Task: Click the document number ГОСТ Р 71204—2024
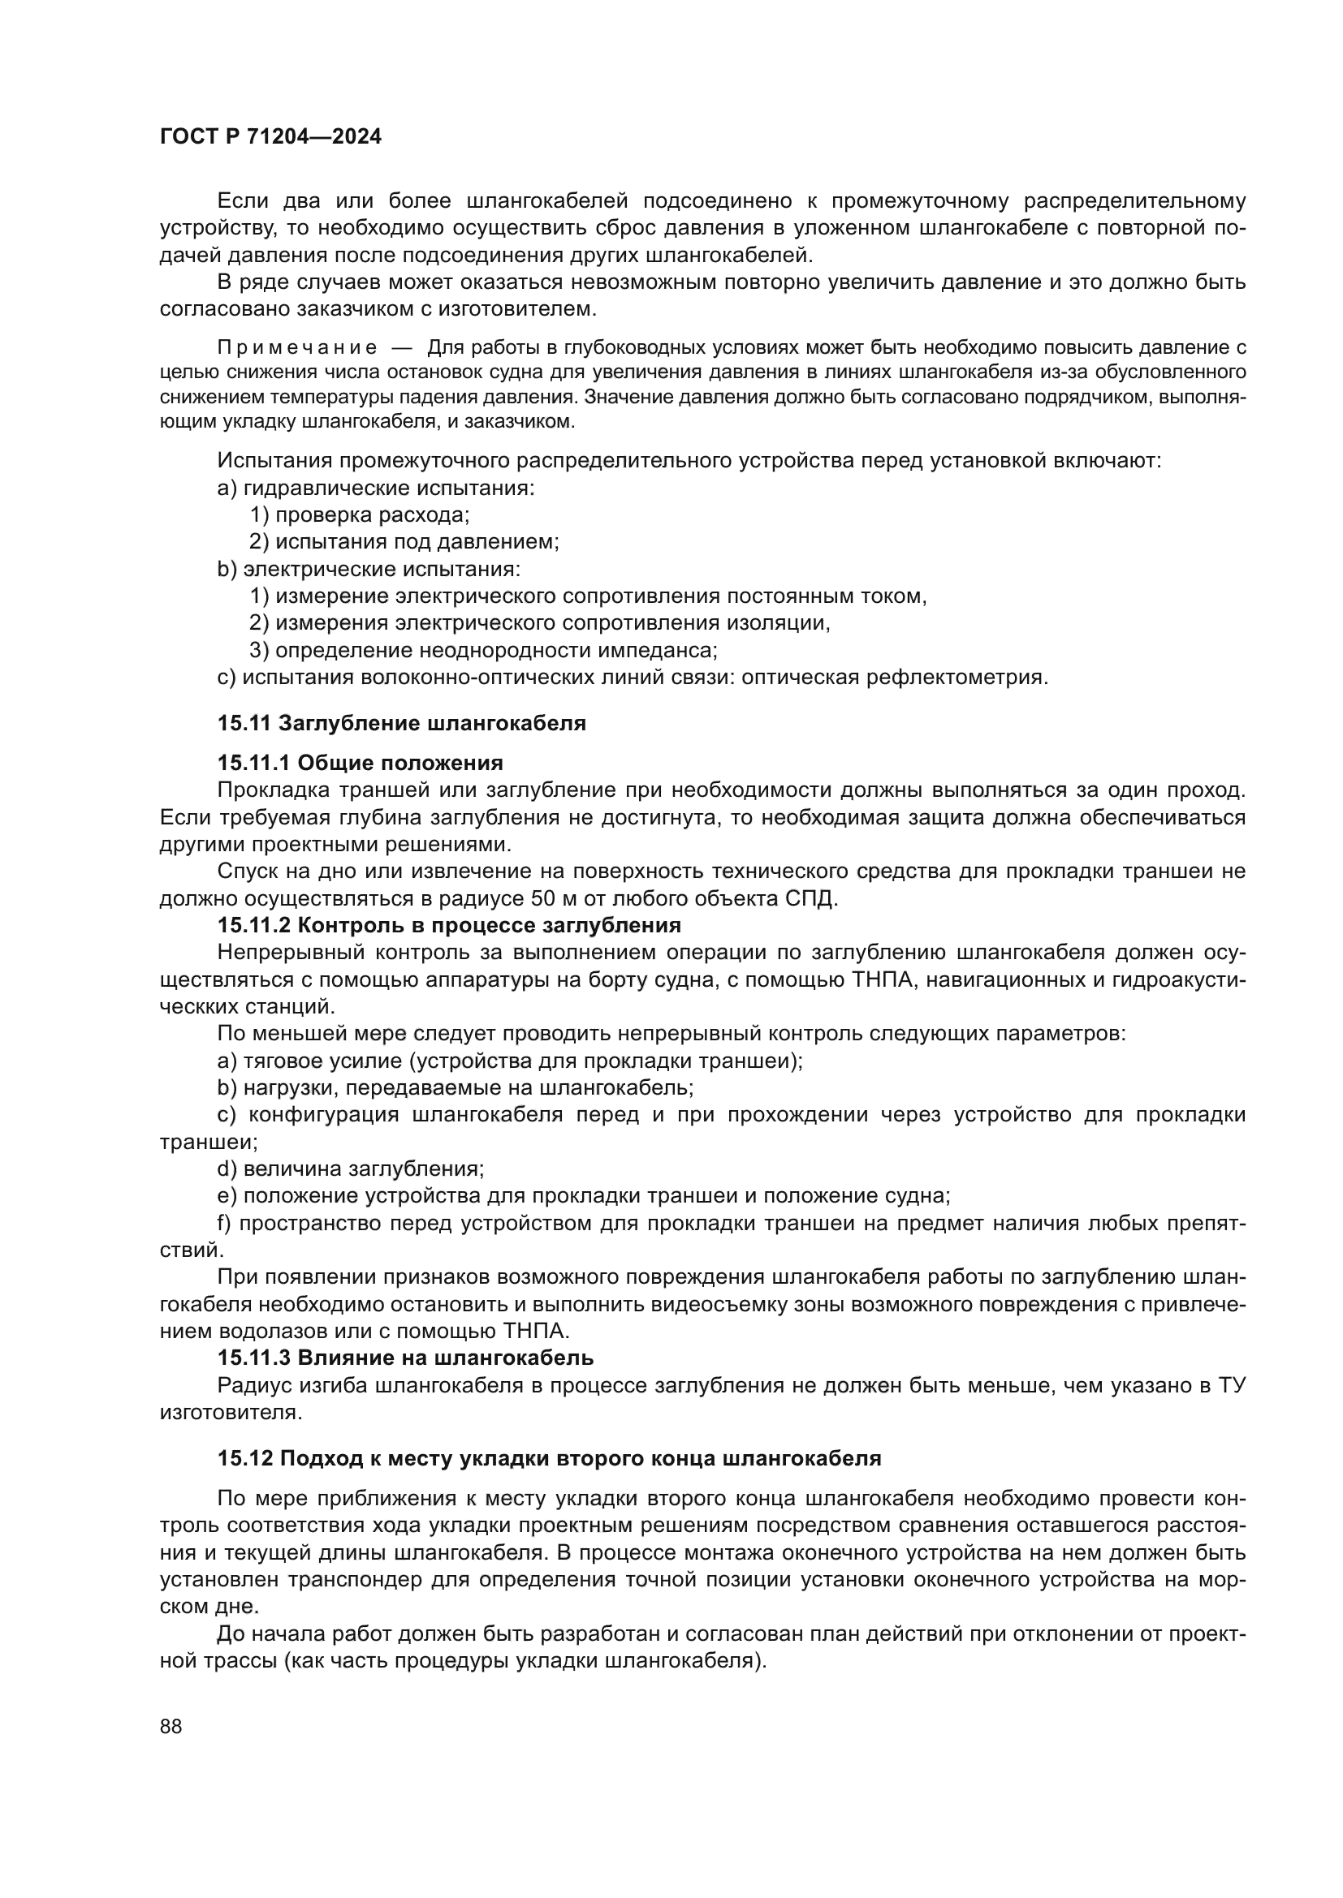[x=270, y=137]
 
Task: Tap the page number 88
[x=171, y=1726]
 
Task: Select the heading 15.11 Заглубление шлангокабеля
[x=401, y=723]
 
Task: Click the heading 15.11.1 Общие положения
[x=360, y=762]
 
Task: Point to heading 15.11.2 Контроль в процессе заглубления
[x=449, y=924]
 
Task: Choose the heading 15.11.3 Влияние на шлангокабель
[x=405, y=1358]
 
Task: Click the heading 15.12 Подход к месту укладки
[x=549, y=1458]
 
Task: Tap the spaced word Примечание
[x=297, y=348]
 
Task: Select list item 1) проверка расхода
[x=359, y=515]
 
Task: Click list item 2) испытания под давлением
[x=404, y=542]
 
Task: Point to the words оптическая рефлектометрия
[x=894, y=677]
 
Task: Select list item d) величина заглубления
[x=351, y=1168]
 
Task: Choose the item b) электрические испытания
[x=369, y=570]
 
